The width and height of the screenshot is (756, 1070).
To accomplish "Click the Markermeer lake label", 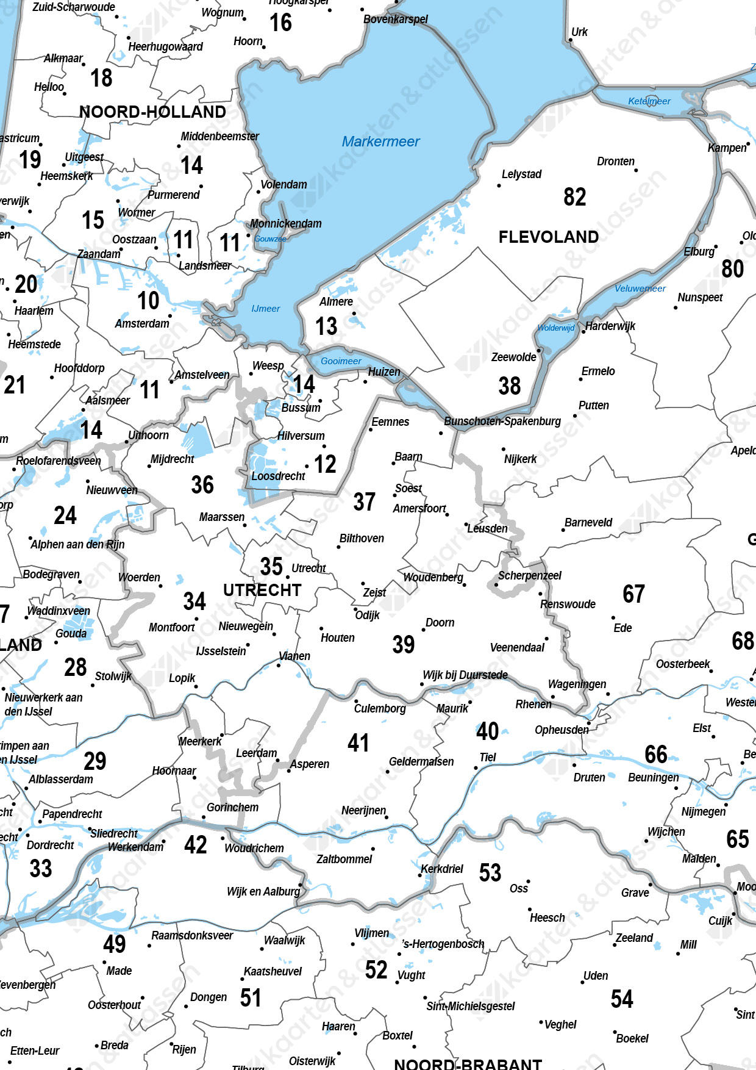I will [380, 142].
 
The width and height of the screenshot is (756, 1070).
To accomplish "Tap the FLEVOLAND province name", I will [548, 237].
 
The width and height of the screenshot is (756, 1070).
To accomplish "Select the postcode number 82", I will [574, 197].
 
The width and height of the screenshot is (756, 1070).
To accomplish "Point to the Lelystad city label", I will [521, 174].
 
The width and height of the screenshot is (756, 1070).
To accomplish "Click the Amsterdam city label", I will [142, 323].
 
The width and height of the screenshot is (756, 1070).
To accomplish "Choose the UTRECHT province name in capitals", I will [262, 590].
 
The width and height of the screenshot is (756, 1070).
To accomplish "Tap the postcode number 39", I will [404, 644].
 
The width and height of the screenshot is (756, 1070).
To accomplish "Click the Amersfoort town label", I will [419, 508].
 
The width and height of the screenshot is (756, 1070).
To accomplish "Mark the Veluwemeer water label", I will [640, 289].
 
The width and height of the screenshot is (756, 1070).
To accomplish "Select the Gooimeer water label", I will [341, 361].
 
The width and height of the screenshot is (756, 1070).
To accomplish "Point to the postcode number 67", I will [633, 594].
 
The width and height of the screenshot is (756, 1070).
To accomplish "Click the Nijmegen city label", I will [704, 811].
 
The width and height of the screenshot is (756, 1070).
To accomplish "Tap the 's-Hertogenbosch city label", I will [443, 944].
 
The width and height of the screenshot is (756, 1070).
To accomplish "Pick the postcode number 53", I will [490, 872].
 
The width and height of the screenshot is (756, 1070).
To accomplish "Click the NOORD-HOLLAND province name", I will [152, 112].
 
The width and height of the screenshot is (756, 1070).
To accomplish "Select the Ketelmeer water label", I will [649, 101].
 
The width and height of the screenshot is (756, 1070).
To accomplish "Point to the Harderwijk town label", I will [610, 326].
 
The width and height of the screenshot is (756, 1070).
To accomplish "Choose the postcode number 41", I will [358, 742].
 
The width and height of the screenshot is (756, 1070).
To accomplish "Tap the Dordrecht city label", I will [50, 845].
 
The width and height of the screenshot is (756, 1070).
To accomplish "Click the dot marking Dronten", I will [636, 170].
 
